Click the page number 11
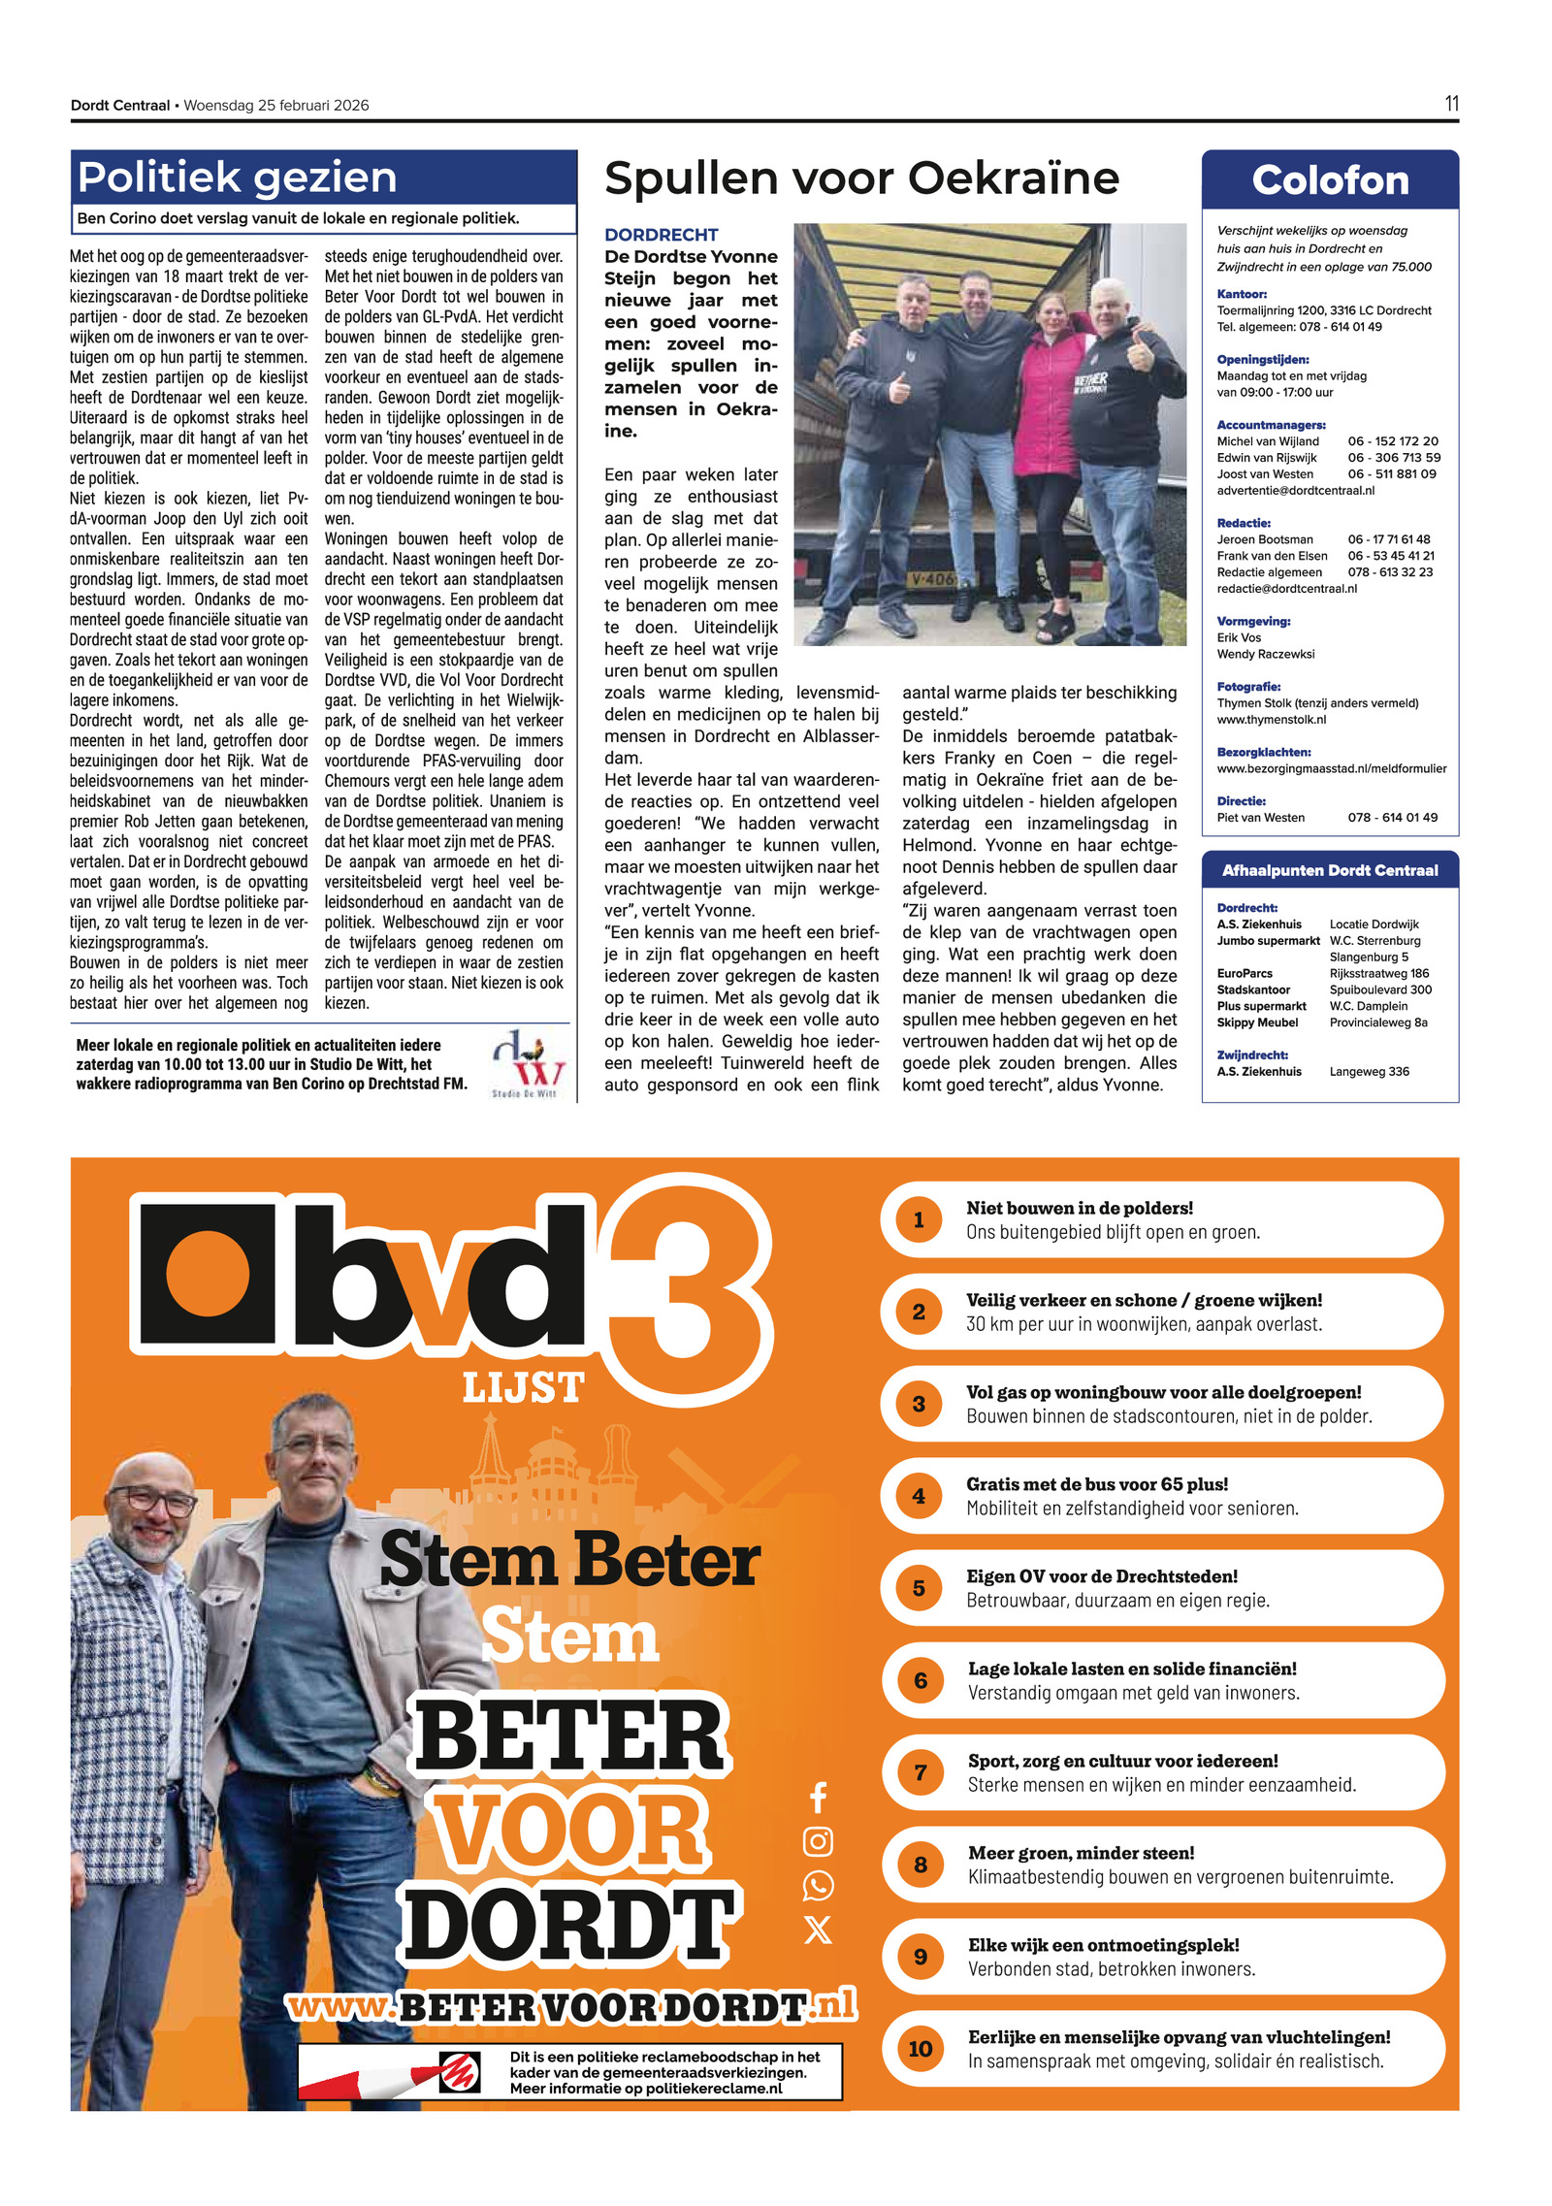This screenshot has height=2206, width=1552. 1450,104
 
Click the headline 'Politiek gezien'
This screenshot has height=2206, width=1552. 237,178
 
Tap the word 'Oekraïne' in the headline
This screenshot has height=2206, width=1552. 1013,178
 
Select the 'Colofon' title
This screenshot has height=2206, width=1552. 1329,180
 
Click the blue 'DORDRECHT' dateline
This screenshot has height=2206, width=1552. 661,235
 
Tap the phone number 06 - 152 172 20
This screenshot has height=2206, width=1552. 1392,440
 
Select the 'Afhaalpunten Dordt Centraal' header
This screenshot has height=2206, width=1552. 1329,870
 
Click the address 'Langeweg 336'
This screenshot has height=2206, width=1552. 1369,1071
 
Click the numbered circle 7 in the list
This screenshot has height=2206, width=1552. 920,1772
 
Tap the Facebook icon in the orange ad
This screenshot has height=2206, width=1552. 818,1797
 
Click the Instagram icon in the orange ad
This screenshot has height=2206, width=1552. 818,1840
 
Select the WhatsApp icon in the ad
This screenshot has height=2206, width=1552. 818,1885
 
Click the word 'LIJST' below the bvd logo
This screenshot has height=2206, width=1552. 523,1387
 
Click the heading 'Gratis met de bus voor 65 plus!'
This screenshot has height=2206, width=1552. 1096,1484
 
